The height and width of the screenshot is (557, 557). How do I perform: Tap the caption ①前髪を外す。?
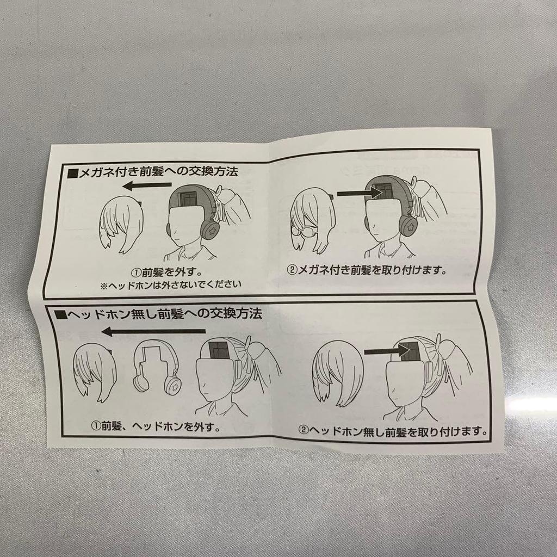(x=162, y=271)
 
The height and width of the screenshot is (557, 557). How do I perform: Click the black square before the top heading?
(x=72, y=175)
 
